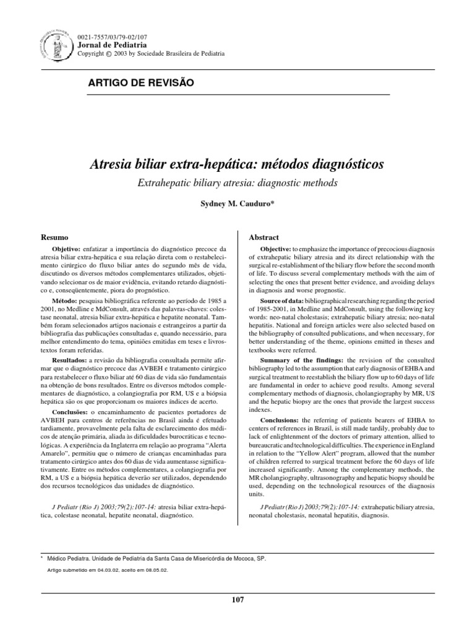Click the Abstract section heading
(263, 237)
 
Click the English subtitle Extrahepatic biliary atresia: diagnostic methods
(237, 184)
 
